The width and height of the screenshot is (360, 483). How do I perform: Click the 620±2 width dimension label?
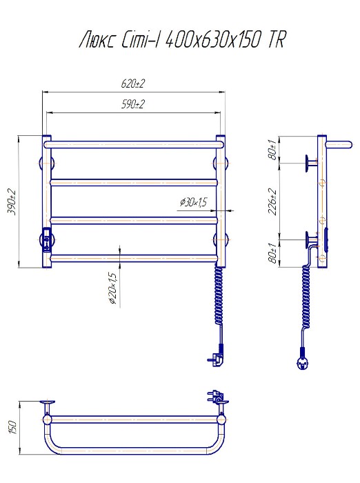[132, 83]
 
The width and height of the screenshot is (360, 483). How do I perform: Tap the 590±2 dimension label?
[132, 104]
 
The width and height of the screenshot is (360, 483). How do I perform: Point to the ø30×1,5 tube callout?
[194, 202]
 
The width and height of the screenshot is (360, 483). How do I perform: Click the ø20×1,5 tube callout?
[113, 288]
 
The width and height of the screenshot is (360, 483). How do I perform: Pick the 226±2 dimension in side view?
[272, 201]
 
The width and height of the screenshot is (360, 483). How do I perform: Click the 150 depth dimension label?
[12, 426]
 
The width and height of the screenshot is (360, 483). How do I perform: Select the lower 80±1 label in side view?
[272, 253]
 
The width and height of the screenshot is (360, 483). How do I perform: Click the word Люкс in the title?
[97, 40]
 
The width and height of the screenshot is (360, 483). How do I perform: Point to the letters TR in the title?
[276, 40]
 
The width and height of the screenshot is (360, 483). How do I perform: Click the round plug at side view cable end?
[302, 364]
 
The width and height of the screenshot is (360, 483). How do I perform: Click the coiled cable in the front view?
[219, 296]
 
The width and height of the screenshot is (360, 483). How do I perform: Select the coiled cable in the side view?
[306, 296]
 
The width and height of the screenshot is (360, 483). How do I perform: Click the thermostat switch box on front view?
[47, 240]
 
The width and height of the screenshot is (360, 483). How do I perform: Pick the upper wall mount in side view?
[311, 164]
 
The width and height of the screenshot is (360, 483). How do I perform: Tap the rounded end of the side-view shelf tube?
[348, 145]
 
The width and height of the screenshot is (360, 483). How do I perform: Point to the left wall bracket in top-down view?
[47, 406]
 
